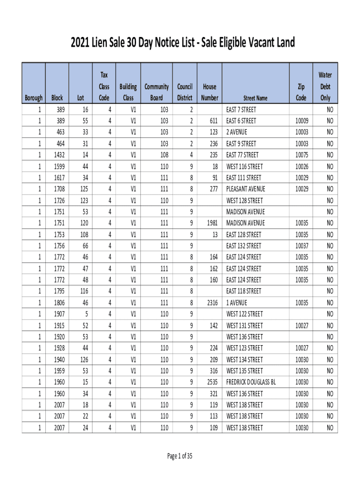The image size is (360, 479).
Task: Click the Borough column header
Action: click(33, 98)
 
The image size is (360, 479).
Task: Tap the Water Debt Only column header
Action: click(325, 87)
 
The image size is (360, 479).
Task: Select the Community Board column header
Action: click(157, 92)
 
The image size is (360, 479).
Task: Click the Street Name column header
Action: click(255, 98)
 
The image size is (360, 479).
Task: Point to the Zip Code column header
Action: click(302, 92)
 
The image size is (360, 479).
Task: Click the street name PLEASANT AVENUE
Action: click(245, 189)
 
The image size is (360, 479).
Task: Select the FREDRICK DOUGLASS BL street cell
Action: click(251, 382)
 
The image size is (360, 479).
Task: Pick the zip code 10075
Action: click(302, 155)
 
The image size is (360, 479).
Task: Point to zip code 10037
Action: click(302, 246)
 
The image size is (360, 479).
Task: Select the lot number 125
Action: click(84, 189)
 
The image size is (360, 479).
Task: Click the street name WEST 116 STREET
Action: click(245, 167)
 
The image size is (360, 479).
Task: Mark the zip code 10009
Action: click(302, 121)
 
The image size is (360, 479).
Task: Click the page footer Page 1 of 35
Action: click(180, 457)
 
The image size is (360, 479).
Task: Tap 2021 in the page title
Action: click(80, 43)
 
